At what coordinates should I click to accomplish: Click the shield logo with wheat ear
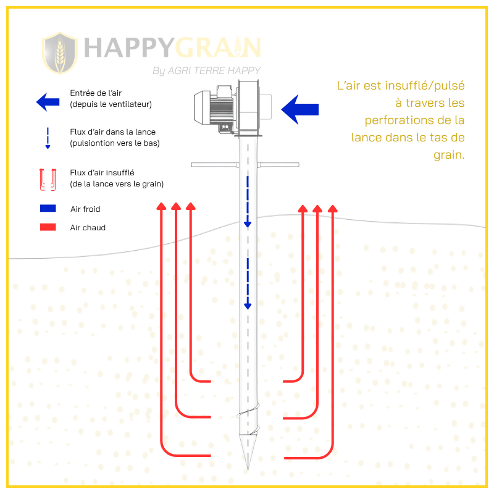[x=60, y=53]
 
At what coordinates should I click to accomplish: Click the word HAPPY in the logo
[x=129, y=48]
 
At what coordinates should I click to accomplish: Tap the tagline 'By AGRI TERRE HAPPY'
[x=207, y=70]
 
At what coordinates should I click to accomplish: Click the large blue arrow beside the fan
[x=299, y=109]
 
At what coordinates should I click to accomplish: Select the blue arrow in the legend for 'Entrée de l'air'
[x=48, y=102]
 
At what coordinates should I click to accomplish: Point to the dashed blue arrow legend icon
[x=48, y=138]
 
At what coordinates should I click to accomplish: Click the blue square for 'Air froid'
[x=48, y=208]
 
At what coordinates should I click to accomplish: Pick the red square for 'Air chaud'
[x=48, y=227]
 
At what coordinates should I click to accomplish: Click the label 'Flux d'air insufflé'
[x=102, y=173]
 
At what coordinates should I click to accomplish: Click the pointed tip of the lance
[x=248, y=469]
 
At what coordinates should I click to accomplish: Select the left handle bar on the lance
[x=215, y=164]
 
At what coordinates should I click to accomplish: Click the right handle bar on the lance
[x=278, y=164]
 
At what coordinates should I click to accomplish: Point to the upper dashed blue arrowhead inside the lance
[x=248, y=224]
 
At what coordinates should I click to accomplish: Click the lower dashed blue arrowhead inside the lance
[x=248, y=306]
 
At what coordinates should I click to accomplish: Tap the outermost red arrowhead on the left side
[x=161, y=206]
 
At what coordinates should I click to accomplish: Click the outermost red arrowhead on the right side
[x=333, y=209]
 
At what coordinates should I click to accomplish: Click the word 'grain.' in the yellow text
[x=449, y=155]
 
